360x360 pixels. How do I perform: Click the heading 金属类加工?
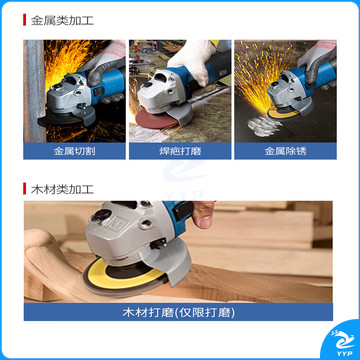[x=62, y=21]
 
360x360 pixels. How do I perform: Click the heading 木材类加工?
[x=62, y=189]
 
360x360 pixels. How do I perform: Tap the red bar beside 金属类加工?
[x=24, y=20]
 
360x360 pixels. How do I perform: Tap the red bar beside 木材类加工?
[x=24, y=189]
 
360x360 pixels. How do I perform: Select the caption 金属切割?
[x=75, y=151]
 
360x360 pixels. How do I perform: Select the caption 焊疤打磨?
[x=180, y=151]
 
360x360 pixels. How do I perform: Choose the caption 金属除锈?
[x=285, y=151]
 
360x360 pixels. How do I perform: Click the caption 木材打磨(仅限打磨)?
[x=178, y=312]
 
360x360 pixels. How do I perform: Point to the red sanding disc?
[x=154, y=119]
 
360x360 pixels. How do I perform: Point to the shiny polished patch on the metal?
[x=264, y=126]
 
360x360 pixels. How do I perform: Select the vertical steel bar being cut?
[x=34, y=91]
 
